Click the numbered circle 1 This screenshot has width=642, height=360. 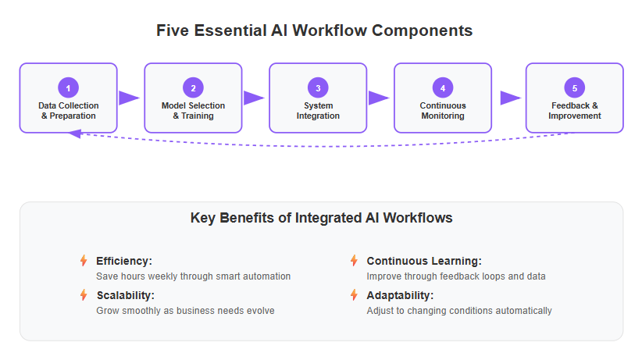click(69, 87)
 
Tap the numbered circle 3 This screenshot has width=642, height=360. click(318, 87)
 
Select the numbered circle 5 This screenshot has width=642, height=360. click(575, 87)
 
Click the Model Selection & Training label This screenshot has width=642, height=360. click(193, 111)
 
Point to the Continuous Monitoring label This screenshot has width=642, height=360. click(443, 111)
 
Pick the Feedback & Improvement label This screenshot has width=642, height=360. click(575, 111)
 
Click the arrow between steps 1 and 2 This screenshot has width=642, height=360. click(130, 98)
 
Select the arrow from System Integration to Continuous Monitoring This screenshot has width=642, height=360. click(379, 98)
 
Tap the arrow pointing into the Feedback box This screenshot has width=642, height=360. click(511, 98)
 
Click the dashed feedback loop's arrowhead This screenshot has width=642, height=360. click(75, 134)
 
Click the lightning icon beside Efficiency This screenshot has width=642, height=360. click(84, 261)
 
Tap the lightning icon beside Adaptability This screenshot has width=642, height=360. click(354, 295)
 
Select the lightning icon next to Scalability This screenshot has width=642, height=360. click(84, 295)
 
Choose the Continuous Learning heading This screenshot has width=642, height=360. click(424, 261)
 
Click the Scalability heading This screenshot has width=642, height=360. click(125, 295)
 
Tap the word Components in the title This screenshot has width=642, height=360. click(422, 30)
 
